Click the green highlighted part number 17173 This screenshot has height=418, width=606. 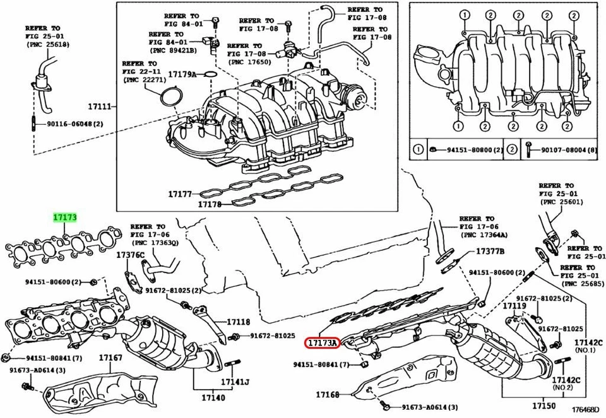[x=65, y=218]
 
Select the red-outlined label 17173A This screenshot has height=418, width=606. [x=323, y=343]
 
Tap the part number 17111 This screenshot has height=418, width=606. [x=98, y=107]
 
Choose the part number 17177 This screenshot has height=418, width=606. [x=179, y=194]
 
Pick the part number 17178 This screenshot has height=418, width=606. [x=210, y=204]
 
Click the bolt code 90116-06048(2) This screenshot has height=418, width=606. [x=75, y=124]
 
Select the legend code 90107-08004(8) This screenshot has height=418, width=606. [x=561, y=150]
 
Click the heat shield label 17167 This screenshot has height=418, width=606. [x=110, y=359]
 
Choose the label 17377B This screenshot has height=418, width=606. [x=490, y=251]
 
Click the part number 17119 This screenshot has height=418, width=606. [x=514, y=306]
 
